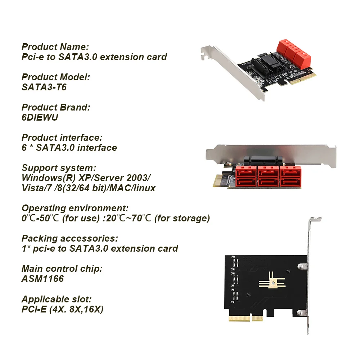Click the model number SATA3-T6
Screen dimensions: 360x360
point(44,87)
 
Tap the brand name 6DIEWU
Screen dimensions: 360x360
point(40,117)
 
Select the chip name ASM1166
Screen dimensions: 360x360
point(43,279)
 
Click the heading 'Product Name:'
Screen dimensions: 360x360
point(55,47)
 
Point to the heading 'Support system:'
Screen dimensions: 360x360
point(59,168)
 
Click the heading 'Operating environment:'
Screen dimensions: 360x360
point(75,208)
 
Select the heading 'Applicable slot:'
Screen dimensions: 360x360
point(57,299)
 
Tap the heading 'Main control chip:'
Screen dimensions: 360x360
point(62,269)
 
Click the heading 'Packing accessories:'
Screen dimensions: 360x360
point(69,239)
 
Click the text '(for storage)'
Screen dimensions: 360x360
point(182,219)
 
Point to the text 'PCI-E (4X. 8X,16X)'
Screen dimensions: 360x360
point(62,309)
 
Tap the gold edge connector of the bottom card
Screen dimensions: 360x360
point(246,319)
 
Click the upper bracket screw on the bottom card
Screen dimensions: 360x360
point(301,266)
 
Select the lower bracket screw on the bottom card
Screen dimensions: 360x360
point(301,313)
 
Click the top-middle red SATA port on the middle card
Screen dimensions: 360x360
point(268,172)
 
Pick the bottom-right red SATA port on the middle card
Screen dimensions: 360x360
point(291,182)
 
